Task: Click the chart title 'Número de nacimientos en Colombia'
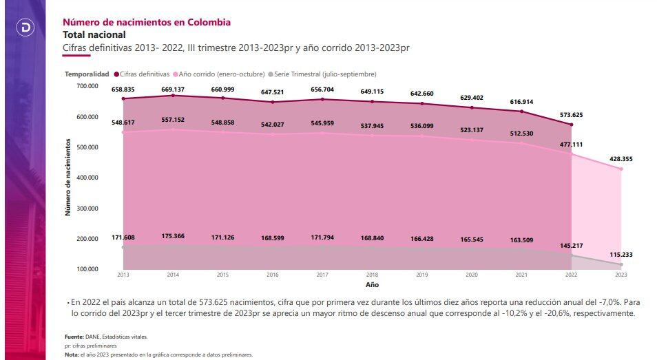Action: point(147,22)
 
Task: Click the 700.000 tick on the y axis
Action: point(88,86)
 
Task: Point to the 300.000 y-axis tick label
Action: point(88,208)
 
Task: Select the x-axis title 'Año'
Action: point(371,284)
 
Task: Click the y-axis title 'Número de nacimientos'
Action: point(68,177)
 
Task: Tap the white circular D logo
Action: point(25,28)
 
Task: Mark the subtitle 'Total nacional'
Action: point(94,34)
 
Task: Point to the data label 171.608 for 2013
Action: point(123,237)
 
